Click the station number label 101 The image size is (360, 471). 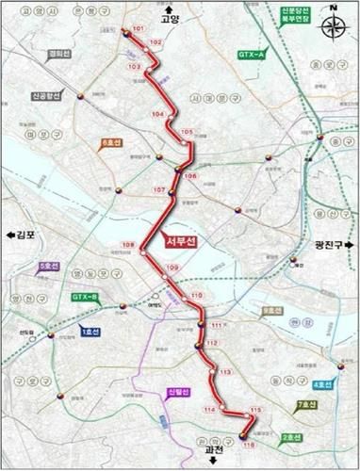139,30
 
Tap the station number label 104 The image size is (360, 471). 156,113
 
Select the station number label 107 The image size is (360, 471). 158,190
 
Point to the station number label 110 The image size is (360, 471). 196,296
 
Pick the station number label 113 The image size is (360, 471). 224,373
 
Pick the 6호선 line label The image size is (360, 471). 111,144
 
